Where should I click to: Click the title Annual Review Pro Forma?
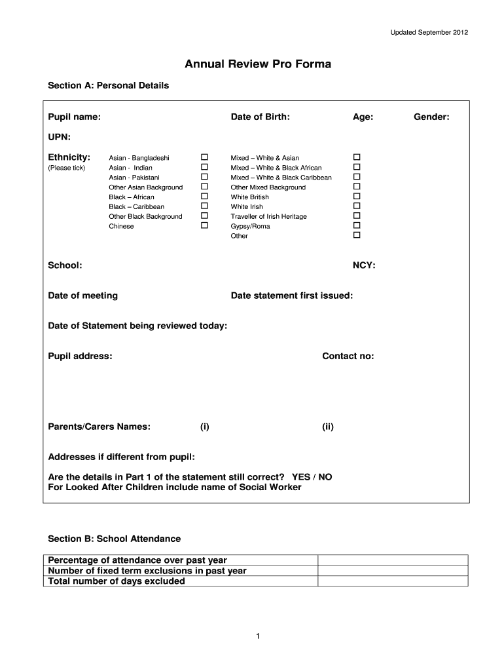tap(257, 64)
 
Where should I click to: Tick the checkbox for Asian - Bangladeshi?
tap(204, 157)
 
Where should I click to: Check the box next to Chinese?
tap(204, 225)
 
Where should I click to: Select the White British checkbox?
tap(357, 196)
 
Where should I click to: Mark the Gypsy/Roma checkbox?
tap(357, 225)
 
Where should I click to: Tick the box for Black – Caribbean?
tap(204, 206)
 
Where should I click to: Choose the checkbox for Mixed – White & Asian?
tap(357, 157)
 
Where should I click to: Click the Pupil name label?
tap(75, 117)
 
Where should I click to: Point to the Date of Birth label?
tap(260, 117)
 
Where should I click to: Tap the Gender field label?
tap(431, 117)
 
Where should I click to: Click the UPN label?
tap(60, 137)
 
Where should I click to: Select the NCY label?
tap(364, 265)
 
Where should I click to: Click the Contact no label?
tap(348, 356)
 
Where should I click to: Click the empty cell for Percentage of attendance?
tap(393, 560)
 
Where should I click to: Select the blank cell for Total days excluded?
tap(393, 581)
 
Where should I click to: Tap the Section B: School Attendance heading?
tap(115, 539)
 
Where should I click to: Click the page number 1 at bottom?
tap(259, 636)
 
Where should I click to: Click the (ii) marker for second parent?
tap(327, 427)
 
